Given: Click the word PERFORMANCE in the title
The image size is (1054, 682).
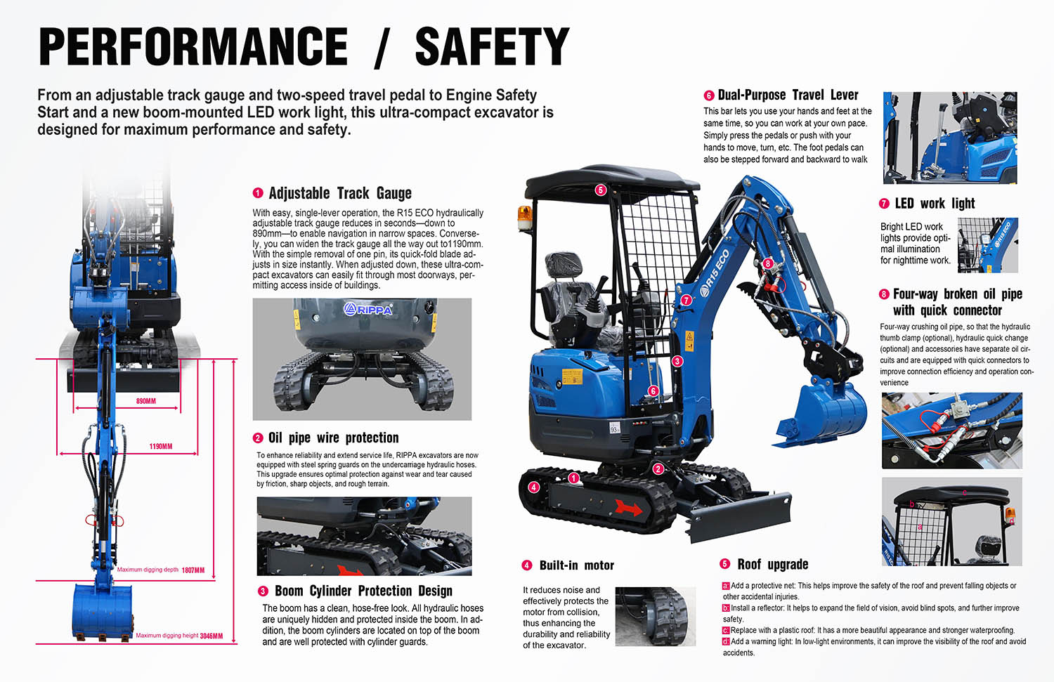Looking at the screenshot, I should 193,47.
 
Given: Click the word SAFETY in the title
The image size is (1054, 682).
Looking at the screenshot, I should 492,47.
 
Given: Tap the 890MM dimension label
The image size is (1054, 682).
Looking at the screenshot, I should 146,401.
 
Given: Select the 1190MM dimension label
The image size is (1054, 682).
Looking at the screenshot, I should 160,447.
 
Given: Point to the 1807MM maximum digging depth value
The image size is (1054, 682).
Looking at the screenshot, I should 193,570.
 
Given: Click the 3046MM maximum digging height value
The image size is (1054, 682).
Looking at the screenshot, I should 212,636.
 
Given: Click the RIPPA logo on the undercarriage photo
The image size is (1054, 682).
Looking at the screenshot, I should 368,309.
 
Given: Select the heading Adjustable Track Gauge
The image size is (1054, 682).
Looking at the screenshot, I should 340,194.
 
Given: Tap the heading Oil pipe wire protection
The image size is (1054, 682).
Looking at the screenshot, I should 333,438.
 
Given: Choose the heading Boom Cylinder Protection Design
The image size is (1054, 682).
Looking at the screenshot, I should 363,591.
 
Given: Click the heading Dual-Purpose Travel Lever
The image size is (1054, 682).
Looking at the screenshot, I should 788,96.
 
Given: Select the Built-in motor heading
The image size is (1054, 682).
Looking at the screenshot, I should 576,566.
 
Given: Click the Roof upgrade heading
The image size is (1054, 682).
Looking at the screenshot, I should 772,565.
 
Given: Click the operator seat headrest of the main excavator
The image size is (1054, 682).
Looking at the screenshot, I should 563,266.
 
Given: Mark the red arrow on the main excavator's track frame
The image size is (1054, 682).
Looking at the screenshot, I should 629,507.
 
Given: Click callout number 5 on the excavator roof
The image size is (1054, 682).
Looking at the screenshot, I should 600,190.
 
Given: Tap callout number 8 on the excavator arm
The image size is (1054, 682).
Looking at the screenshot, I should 768,263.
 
